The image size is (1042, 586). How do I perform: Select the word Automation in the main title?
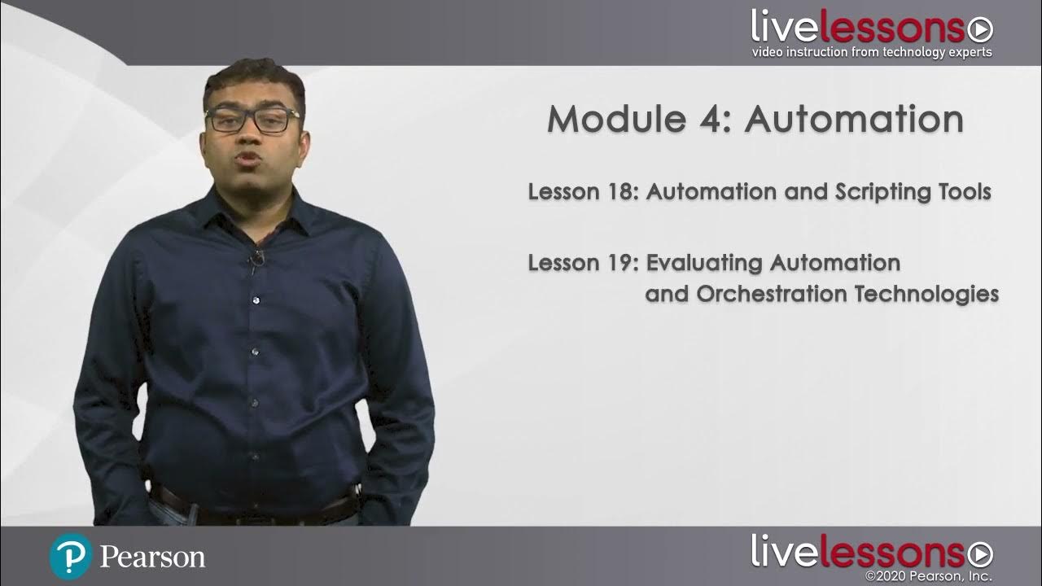(854, 120)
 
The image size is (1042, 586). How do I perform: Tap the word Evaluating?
(705, 264)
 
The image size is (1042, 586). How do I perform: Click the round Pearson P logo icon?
(70, 557)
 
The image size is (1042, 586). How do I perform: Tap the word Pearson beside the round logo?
(152, 558)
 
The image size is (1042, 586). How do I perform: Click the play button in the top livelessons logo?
(980, 30)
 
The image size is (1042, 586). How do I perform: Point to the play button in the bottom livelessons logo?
(980, 554)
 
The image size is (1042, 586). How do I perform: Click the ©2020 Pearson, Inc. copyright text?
(929, 577)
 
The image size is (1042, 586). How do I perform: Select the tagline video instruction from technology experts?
(872, 53)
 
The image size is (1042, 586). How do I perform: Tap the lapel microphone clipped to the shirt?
(257, 260)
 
